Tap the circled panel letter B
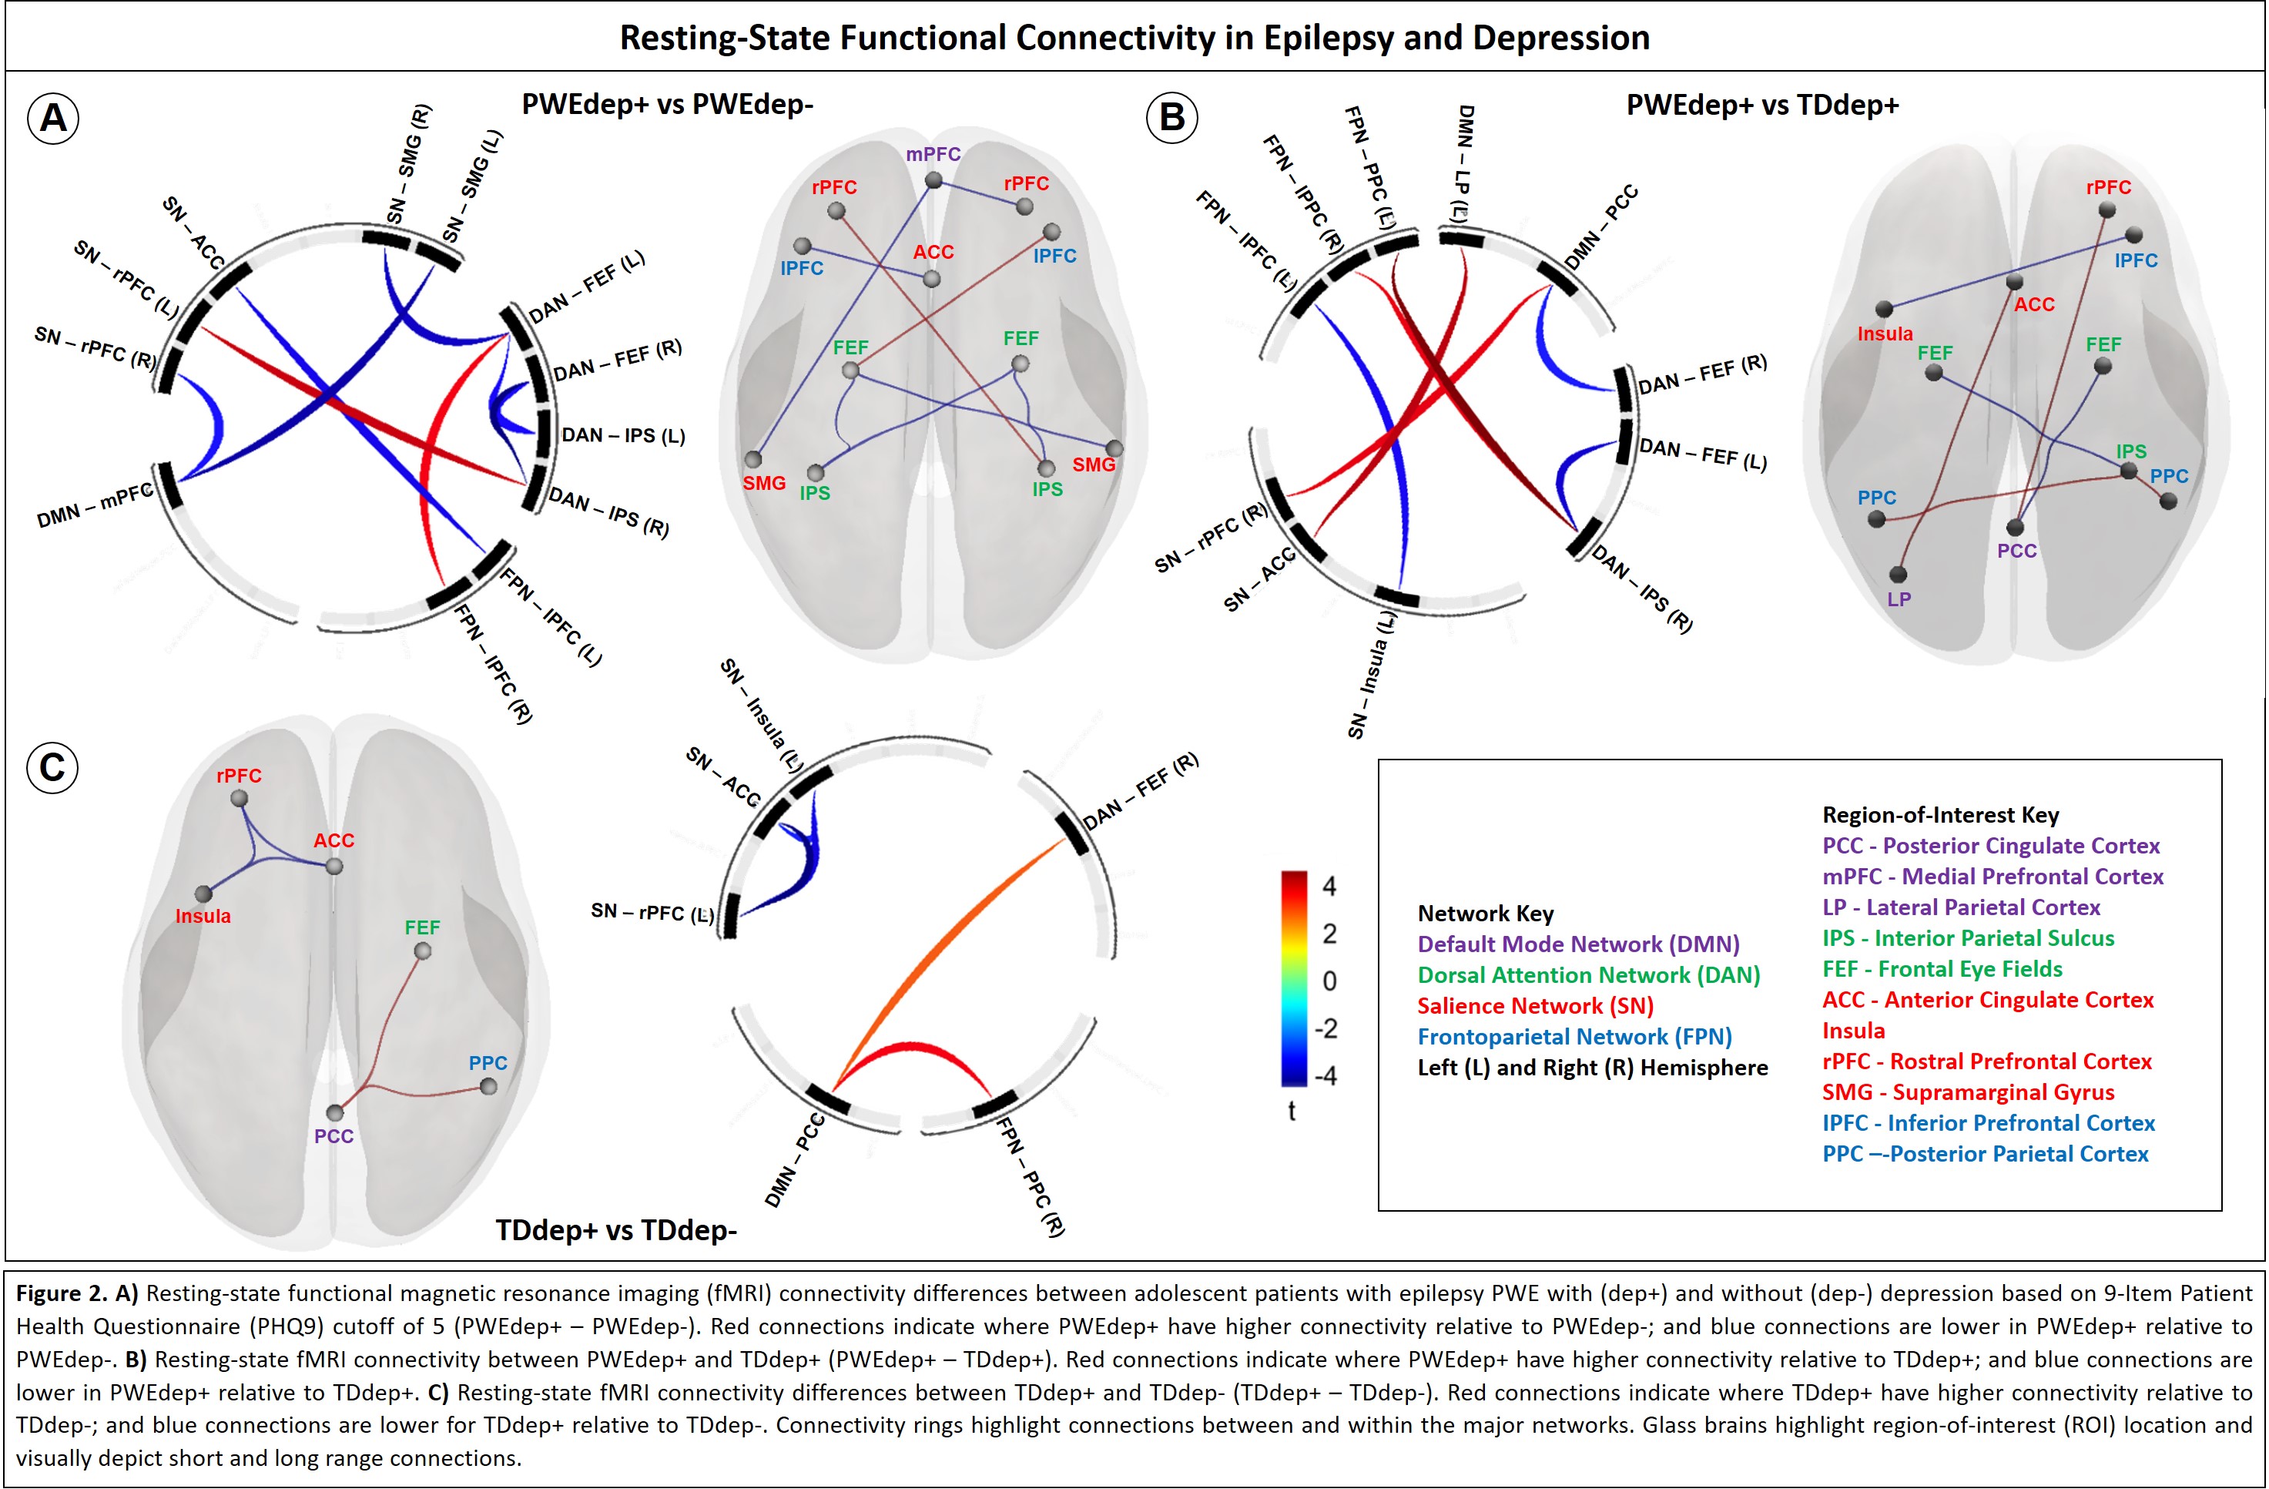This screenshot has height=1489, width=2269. (1171, 117)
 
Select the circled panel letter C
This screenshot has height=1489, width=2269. (52, 767)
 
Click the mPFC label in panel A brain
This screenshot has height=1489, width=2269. (933, 154)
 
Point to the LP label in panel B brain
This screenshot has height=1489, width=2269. (1899, 599)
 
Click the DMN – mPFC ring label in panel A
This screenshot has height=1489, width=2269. (95, 505)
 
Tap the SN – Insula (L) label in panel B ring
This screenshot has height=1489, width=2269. (1372, 677)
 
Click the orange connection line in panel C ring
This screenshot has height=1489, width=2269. (943, 954)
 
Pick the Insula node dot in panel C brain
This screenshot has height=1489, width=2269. (203, 894)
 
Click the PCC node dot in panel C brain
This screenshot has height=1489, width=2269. (334, 1112)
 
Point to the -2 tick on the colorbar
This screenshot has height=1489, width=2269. (1326, 1028)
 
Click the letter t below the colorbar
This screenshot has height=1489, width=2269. (1292, 1111)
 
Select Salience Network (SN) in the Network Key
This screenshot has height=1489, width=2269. (1535, 1006)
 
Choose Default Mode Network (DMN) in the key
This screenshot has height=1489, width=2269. (1578, 944)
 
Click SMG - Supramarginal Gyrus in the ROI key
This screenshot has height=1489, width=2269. (1968, 1092)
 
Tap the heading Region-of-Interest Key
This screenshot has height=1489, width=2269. (1940, 815)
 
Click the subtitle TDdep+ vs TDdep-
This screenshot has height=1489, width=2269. (616, 1229)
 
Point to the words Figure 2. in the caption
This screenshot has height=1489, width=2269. (62, 1293)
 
